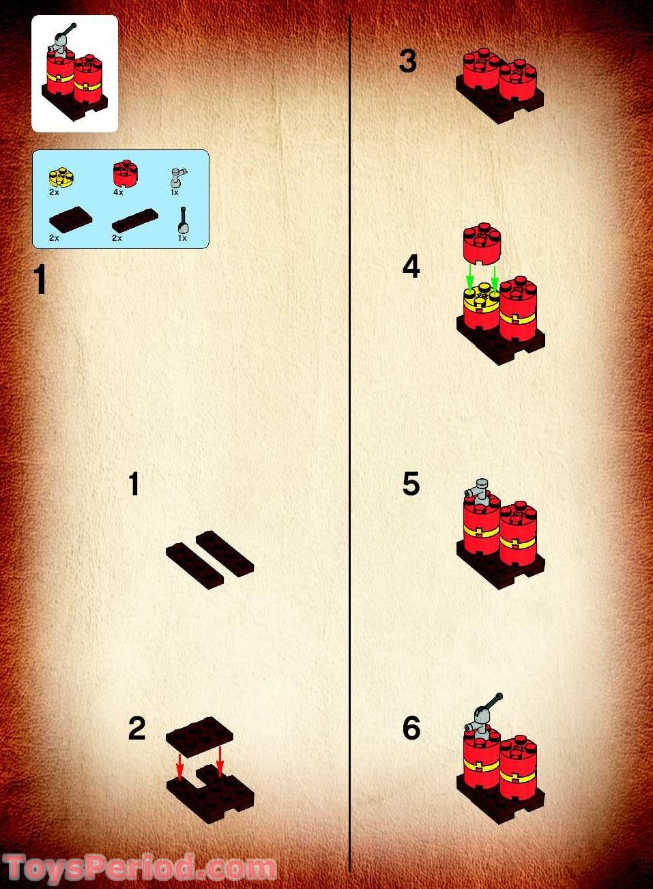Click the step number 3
(408, 61)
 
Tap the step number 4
(411, 267)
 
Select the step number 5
(411, 484)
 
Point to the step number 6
(411, 728)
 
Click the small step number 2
(137, 729)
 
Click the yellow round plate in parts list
(61, 177)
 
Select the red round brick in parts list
(126, 173)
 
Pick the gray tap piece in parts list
(177, 178)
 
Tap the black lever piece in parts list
(184, 221)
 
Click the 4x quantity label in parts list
(118, 192)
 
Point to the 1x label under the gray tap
(175, 192)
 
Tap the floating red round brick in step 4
(482, 243)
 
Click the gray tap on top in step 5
(480, 492)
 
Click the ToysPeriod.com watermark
(139, 869)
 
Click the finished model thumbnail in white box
(74, 74)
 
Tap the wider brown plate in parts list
(70, 219)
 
